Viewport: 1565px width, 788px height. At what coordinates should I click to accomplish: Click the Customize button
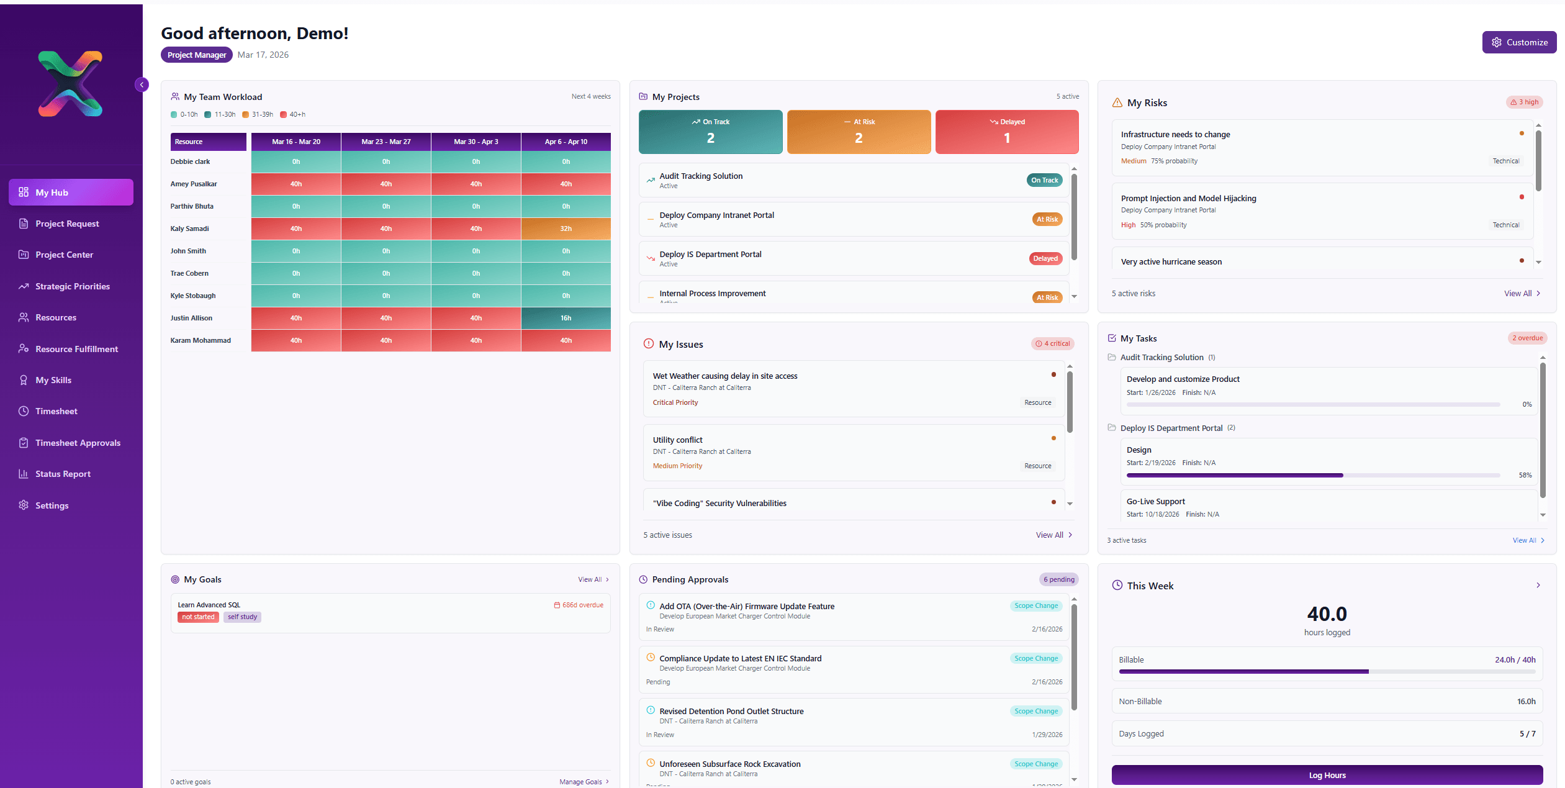tap(1518, 42)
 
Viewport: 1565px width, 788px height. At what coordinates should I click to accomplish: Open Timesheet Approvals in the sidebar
tap(78, 443)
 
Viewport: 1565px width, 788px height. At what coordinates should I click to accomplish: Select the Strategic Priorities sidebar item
tap(72, 286)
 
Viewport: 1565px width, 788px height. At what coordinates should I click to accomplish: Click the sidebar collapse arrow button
tap(142, 84)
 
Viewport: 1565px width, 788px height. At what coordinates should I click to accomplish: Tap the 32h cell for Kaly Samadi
tap(566, 229)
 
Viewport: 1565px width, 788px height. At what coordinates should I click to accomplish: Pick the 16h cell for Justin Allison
tap(566, 318)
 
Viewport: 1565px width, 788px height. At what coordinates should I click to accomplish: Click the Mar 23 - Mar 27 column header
tap(386, 142)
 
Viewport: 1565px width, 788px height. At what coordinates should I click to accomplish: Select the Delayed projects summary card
tap(1006, 132)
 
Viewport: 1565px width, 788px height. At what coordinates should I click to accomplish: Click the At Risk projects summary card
tap(858, 132)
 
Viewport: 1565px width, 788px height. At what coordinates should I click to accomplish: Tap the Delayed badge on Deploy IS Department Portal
tap(1045, 258)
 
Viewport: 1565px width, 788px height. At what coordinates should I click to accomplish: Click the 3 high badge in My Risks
tap(1524, 102)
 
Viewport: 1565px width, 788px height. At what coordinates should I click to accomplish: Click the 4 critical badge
tap(1052, 343)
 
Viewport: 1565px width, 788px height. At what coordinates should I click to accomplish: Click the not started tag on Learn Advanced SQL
tap(198, 617)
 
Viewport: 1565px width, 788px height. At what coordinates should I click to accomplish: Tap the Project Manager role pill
tap(196, 55)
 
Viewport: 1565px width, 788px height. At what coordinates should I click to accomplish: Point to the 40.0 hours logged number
tap(1326, 614)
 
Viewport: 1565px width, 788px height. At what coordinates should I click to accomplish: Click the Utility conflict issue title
tap(677, 440)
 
